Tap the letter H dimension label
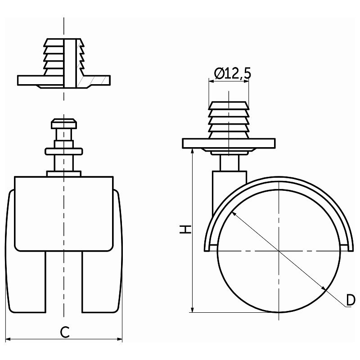(185, 229)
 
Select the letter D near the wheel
(351, 300)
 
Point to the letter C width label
(65, 332)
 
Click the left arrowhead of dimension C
(8, 339)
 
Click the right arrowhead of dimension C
(119, 339)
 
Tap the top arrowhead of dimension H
(193, 152)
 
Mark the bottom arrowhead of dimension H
(193, 309)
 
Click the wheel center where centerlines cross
(279, 251)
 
